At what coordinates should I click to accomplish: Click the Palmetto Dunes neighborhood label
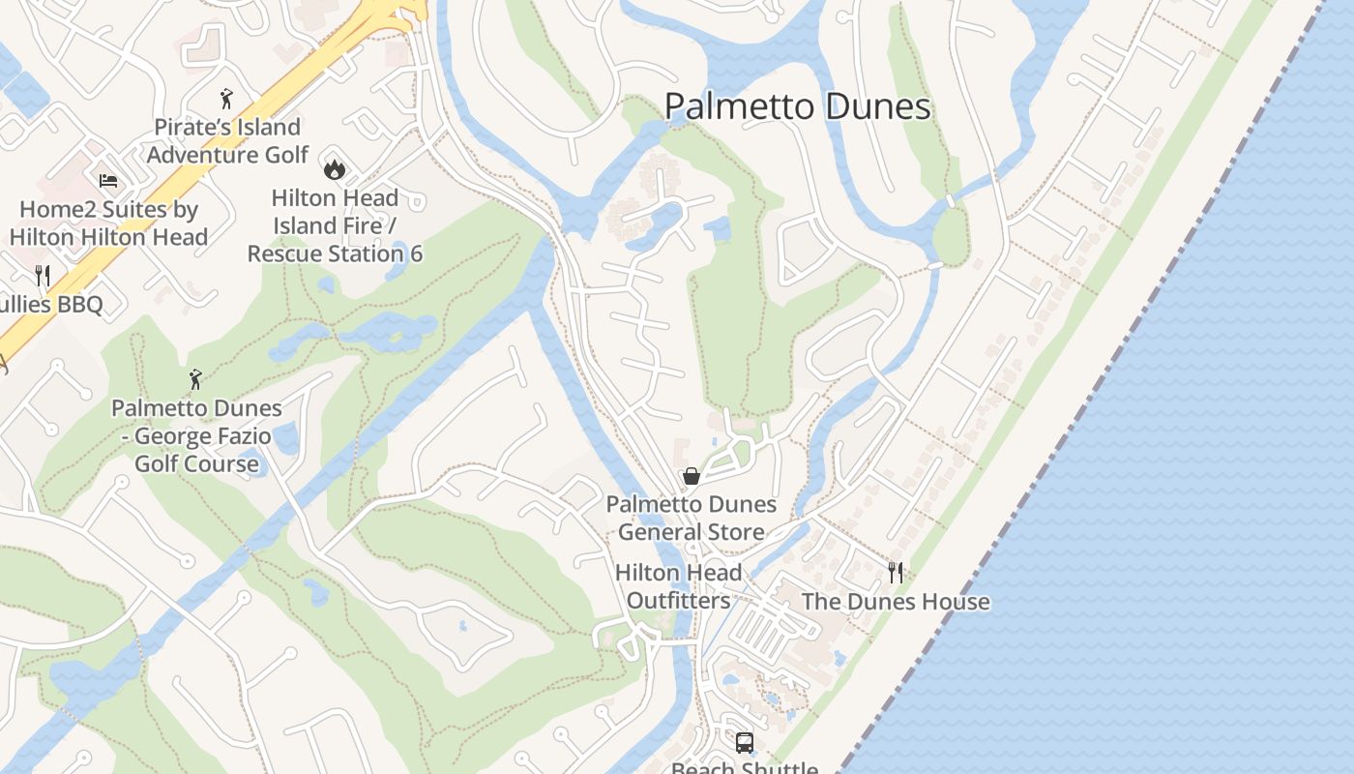[798, 106]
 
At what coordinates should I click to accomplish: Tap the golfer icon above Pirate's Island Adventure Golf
[226, 98]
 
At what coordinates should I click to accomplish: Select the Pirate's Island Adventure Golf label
[227, 141]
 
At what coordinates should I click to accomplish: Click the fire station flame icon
[335, 169]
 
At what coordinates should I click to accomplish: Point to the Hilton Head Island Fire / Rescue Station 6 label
[335, 226]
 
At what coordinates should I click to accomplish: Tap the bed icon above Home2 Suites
[108, 180]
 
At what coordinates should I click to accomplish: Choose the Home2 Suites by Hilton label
[108, 223]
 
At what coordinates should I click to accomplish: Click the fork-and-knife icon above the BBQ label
[43, 276]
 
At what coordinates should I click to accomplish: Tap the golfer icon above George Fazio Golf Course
[195, 378]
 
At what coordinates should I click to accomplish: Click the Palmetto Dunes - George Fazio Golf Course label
[196, 436]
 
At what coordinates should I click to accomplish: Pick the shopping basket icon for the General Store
[691, 475]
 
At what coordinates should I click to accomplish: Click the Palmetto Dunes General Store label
[691, 519]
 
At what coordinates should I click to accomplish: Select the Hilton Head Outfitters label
[678, 586]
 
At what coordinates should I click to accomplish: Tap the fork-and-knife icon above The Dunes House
[896, 572]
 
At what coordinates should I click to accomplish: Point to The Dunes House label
[896, 602]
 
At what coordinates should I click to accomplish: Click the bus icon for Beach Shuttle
[744, 742]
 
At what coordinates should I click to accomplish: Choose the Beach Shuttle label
[744, 768]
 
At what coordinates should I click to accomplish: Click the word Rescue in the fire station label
[286, 254]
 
